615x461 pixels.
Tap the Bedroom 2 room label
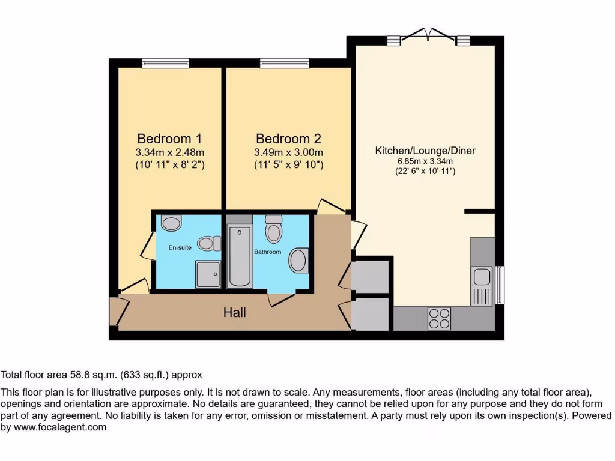(x=288, y=138)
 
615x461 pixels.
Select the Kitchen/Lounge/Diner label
(x=425, y=151)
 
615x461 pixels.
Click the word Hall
(x=234, y=312)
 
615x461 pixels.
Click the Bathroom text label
(x=267, y=252)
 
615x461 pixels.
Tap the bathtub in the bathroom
(x=240, y=256)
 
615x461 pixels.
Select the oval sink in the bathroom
(x=298, y=261)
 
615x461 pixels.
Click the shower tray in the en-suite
(x=208, y=274)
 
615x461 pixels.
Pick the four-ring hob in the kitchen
(x=439, y=318)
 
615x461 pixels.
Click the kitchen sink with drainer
(x=482, y=286)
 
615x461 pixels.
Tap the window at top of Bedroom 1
(x=166, y=62)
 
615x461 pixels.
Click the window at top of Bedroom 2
(x=285, y=62)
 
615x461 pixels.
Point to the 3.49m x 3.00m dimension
(x=288, y=152)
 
